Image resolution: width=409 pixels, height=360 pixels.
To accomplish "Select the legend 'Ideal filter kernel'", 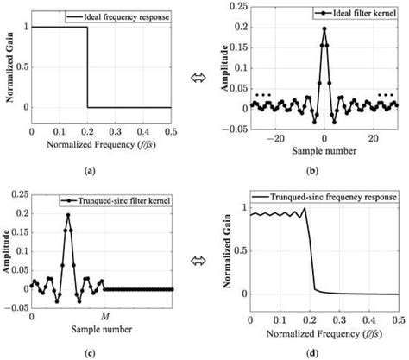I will click(339, 16).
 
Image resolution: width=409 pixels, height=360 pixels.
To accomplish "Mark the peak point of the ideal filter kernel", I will click(324, 28).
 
